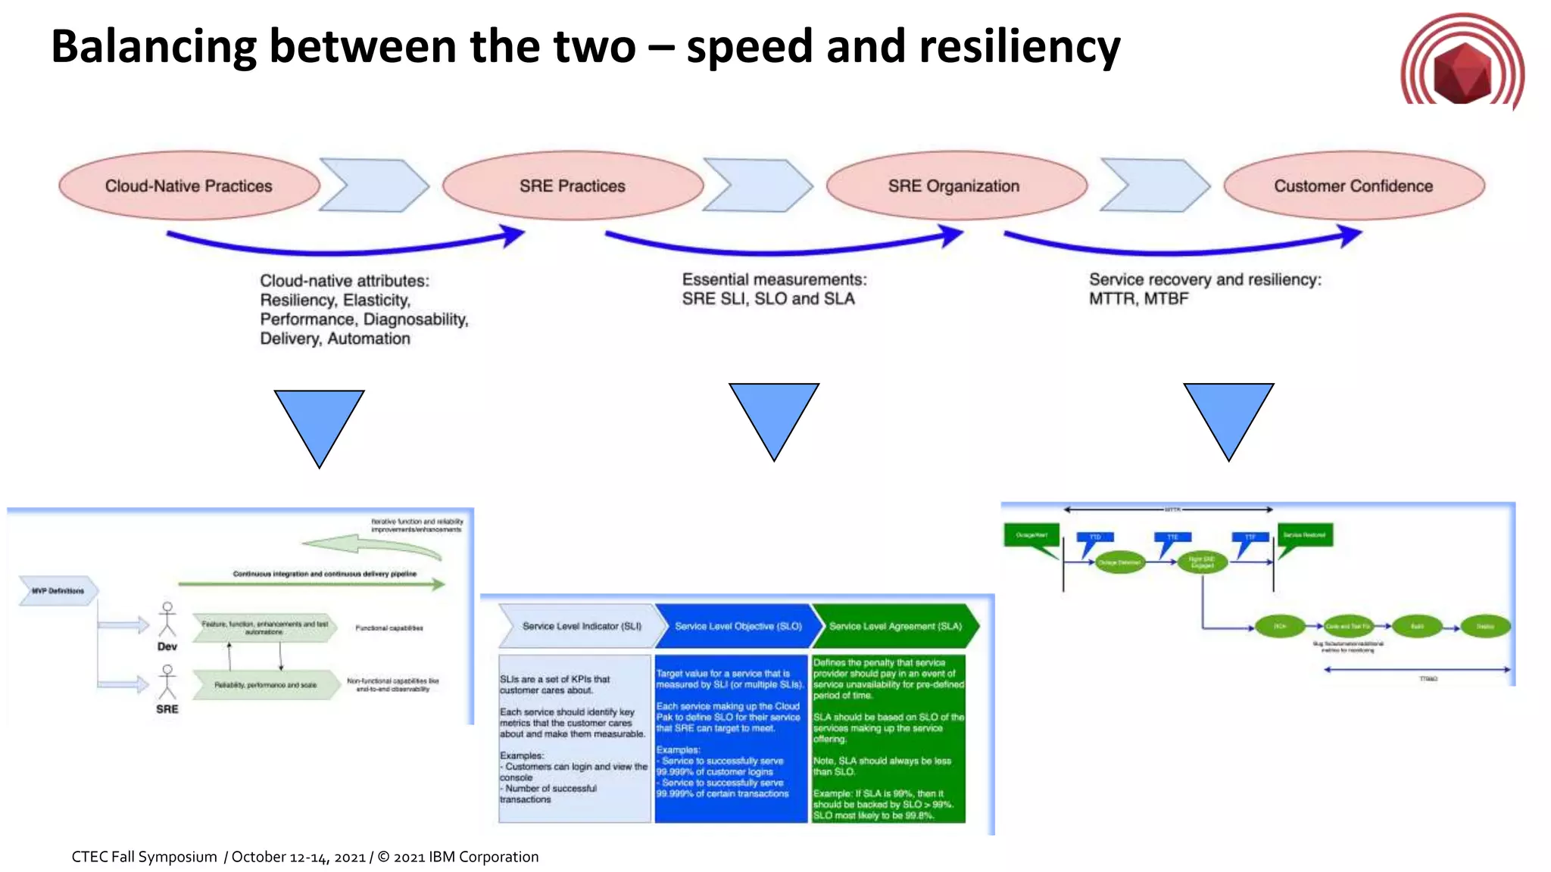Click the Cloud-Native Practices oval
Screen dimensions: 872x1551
click(x=189, y=185)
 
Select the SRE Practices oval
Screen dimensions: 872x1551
click(x=573, y=185)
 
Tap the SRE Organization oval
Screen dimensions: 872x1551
click(x=955, y=185)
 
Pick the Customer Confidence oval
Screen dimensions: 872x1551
click(x=1353, y=185)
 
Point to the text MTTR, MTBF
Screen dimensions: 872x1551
click(x=1138, y=299)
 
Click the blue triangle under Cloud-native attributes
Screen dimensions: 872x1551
click(x=319, y=420)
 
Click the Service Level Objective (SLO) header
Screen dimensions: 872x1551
click(x=738, y=626)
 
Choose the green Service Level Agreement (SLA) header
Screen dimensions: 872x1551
click(x=895, y=626)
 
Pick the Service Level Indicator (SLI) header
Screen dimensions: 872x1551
click(x=581, y=626)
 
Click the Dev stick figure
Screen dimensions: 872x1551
click(x=167, y=621)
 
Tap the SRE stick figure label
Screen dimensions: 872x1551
click(x=167, y=709)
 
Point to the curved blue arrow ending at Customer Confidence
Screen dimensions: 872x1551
click(x=1181, y=245)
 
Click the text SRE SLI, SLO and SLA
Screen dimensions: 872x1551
click(x=768, y=299)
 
